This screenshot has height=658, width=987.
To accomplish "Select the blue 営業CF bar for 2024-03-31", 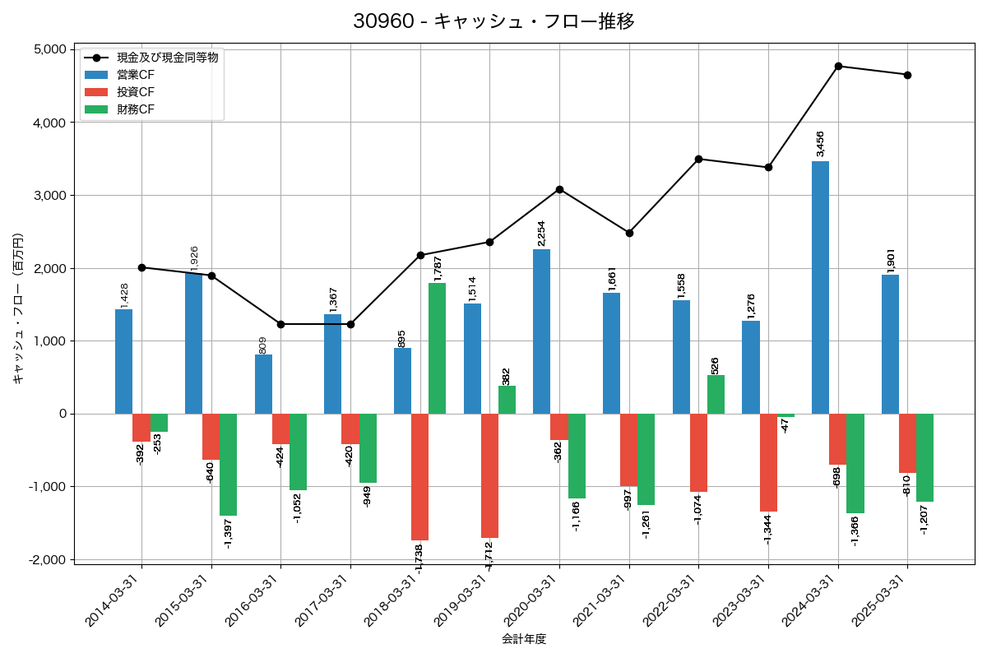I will click(x=820, y=287).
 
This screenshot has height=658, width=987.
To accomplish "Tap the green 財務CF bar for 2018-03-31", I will click(x=437, y=348).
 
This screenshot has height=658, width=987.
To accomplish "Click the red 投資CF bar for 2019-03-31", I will click(x=489, y=475).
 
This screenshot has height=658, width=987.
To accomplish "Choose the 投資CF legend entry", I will click(x=136, y=91).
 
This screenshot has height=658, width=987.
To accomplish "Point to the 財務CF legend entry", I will click(x=136, y=109).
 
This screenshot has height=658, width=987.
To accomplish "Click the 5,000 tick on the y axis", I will click(x=50, y=49).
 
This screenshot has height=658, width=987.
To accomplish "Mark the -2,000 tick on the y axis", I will click(x=48, y=559).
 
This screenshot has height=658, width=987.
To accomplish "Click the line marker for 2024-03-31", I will click(x=838, y=66).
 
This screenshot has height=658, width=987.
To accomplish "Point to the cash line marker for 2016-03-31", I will click(x=281, y=324).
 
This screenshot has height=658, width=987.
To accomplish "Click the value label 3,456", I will click(x=820, y=144).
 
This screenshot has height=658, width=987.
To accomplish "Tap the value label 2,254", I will click(x=541, y=233).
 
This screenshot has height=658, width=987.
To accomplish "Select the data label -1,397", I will click(x=229, y=534).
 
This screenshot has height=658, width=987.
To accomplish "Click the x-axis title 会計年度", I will click(x=524, y=639).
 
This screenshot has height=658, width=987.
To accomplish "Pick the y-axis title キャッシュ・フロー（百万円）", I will click(x=17, y=308).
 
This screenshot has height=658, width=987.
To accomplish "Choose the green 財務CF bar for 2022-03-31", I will click(x=716, y=395).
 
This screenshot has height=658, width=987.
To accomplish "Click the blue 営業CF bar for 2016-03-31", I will click(x=263, y=384).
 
